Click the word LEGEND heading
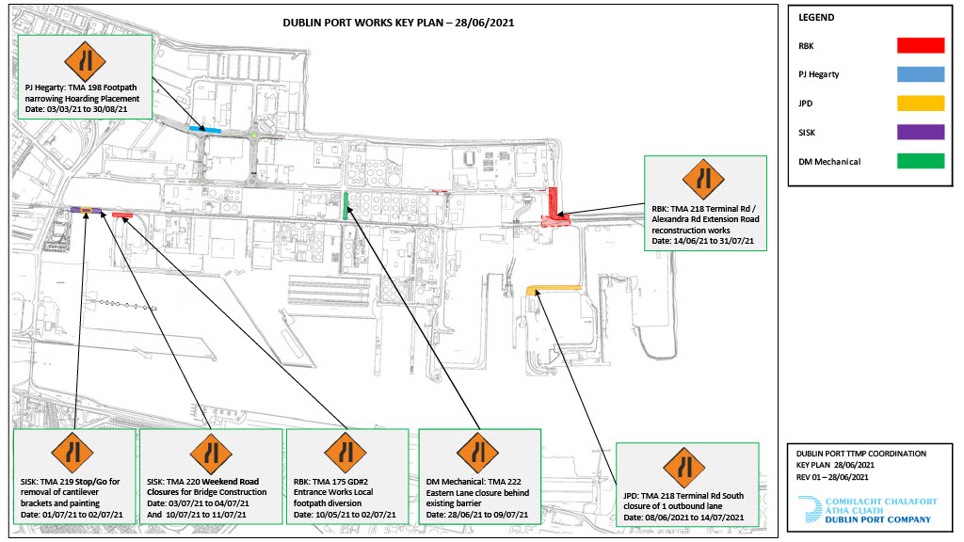(x=818, y=18)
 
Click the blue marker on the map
(x=205, y=129)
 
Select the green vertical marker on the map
(x=346, y=205)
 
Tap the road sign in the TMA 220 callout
(x=211, y=456)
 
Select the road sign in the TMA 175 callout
(x=345, y=456)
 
